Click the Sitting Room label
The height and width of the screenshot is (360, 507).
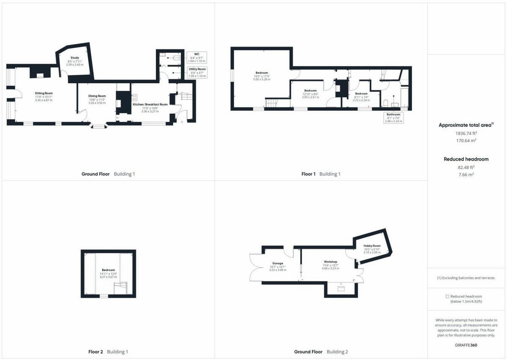(44, 93)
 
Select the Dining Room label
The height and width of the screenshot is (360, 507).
(97, 96)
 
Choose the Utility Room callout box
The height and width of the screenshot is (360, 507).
(197, 72)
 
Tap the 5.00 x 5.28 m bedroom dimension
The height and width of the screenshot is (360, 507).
(262, 79)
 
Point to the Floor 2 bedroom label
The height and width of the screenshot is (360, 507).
(108, 270)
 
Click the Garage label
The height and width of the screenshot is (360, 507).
(278, 263)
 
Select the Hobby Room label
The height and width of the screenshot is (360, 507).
(372, 246)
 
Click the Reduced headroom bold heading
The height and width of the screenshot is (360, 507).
(466, 159)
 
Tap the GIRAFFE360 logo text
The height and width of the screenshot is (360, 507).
(466, 345)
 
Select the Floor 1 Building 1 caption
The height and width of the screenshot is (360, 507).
(321, 174)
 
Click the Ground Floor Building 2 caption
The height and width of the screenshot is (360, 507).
(321, 352)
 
